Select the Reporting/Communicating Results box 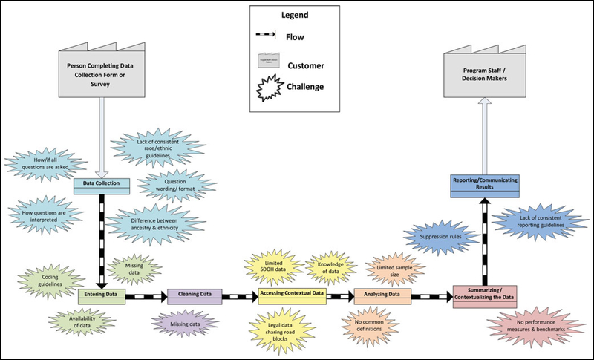click(486, 184)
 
